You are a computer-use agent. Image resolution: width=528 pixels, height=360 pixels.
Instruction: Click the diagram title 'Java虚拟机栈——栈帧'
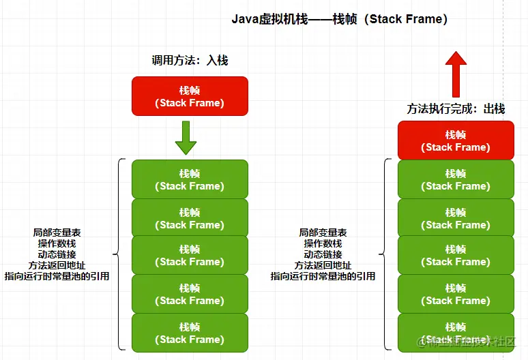[x=340, y=19]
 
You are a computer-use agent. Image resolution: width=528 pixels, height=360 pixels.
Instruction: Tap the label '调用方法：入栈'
[x=190, y=60]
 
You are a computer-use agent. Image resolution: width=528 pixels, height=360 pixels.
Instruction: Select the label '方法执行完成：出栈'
[x=456, y=109]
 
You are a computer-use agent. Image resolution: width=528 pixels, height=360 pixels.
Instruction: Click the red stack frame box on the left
[x=190, y=95]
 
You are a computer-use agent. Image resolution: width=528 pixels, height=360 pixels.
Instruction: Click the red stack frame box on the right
[x=456, y=140]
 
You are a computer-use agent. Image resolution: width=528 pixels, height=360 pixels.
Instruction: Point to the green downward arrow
[x=186, y=138]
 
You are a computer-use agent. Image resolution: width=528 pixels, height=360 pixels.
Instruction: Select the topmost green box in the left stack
[x=190, y=179]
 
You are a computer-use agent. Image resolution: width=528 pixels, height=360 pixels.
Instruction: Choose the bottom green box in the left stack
[x=190, y=333]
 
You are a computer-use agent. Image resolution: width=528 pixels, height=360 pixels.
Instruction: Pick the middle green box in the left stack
[x=190, y=255]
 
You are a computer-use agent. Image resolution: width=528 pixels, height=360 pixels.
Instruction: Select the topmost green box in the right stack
[x=456, y=179]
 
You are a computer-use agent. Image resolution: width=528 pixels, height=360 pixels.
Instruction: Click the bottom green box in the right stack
[x=456, y=333]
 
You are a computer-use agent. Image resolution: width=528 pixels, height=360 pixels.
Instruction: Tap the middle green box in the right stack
[x=456, y=255]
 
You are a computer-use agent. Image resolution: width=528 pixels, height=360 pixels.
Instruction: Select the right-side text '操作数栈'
[x=323, y=243]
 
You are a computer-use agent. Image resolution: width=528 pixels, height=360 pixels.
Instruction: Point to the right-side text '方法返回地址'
[x=323, y=265]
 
